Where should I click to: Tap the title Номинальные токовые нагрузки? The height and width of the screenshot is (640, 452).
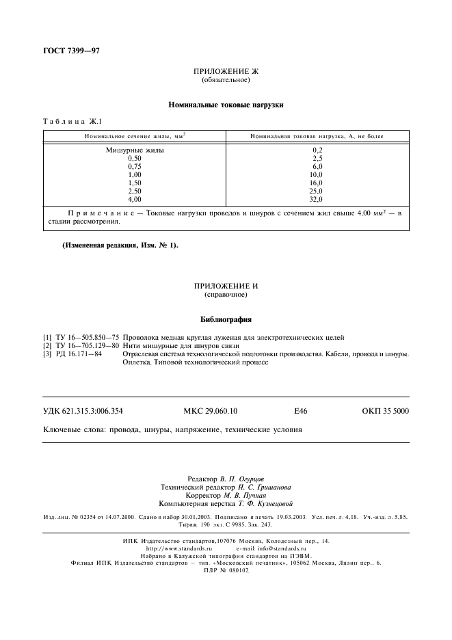point(226,105)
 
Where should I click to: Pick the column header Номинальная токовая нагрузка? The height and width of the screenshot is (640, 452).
point(317,137)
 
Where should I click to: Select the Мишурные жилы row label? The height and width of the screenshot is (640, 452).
point(135,150)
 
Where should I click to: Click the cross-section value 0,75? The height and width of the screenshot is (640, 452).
point(135,166)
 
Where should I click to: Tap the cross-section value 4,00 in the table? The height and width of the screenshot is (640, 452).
point(135,199)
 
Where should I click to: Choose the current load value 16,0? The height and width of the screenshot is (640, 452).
point(316,183)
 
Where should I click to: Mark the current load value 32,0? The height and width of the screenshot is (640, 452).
point(316,199)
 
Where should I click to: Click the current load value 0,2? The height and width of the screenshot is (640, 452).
point(317,150)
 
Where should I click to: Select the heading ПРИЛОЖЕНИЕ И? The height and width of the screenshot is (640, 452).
point(226,285)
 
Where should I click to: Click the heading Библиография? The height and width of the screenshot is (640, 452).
point(226,319)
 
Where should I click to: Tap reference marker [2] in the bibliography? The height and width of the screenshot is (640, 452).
point(47,346)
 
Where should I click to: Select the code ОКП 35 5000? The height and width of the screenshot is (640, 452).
point(386,411)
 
